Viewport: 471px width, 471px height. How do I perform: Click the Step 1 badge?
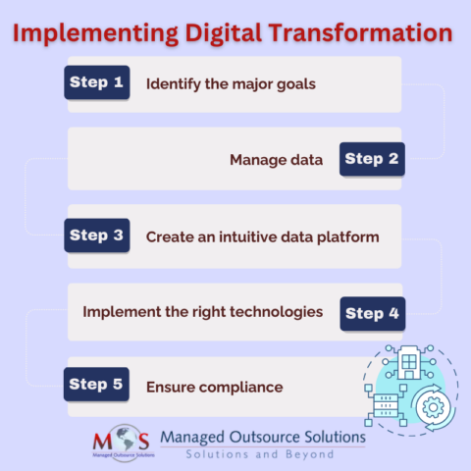(97, 82)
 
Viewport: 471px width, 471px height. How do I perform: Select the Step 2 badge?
(372, 159)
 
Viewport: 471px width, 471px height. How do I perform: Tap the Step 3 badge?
(97, 235)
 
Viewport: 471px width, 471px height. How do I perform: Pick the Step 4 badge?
(372, 313)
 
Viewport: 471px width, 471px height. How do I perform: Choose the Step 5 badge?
(97, 384)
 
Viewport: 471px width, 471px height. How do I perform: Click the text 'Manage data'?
(276, 160)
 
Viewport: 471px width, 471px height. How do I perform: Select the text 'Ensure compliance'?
(214, 388)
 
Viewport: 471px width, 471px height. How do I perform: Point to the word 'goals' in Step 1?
(294, 83)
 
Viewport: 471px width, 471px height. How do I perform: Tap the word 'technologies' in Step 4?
(276, 312)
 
